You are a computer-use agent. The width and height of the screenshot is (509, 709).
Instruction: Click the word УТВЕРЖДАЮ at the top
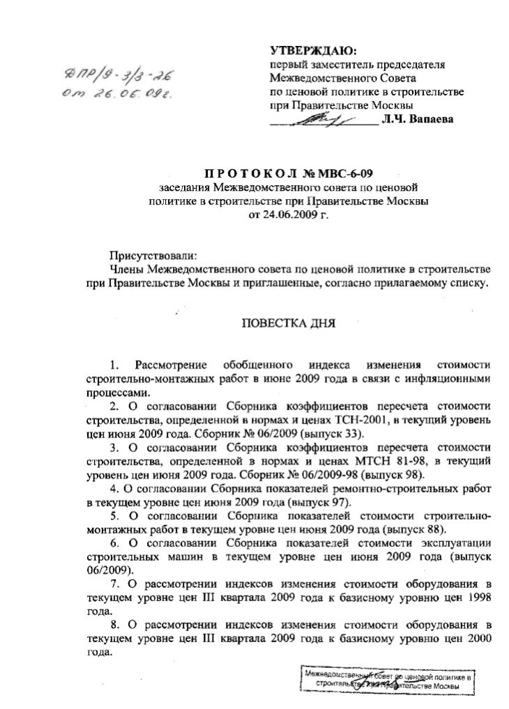point(312,52)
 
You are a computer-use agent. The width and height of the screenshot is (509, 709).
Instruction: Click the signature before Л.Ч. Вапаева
point(321,120)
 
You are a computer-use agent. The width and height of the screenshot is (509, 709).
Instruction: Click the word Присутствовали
point(149,256)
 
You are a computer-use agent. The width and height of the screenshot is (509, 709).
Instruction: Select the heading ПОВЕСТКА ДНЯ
point(288,323)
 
